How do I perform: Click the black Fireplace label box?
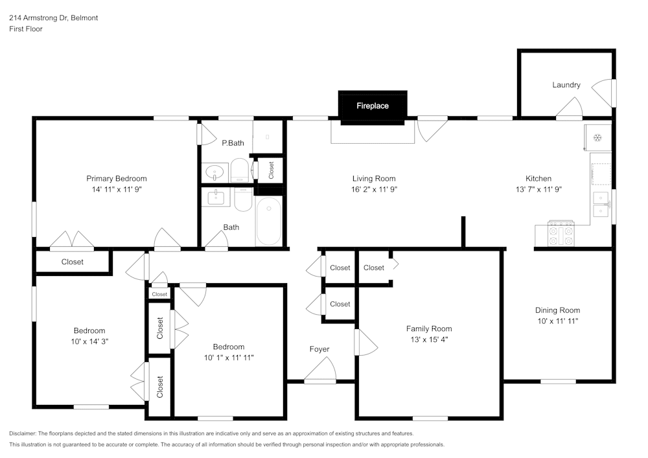coord(373,106)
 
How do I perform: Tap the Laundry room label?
coord(566,85)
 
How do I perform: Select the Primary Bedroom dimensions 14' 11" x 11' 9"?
coord(117,190)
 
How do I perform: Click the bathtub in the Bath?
coord(268,221)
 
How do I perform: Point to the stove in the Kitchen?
coord(561,234)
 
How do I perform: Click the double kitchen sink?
coord(602,204)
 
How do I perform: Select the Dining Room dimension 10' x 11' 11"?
coord(557,321)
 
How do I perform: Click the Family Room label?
coord(429,328)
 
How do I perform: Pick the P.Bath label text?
coord(233,143)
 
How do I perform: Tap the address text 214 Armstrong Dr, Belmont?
coord(54,18)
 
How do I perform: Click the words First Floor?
coord(26,29)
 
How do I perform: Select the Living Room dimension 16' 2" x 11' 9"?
coord(374,190)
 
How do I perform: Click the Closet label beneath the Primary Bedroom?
coord(73,262)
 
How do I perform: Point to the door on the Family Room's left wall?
coord(365,341)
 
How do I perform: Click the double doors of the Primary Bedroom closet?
coord(73,241)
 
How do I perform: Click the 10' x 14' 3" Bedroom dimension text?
coord(89,341)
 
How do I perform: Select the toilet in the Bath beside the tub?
coord(243,200)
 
